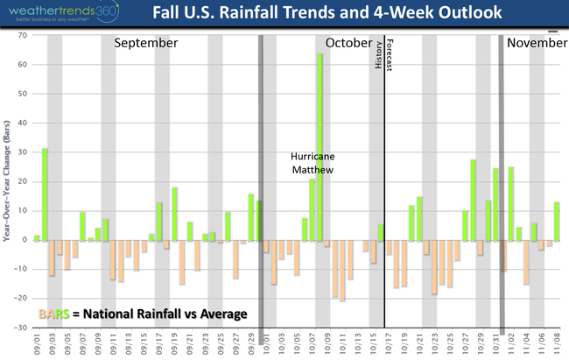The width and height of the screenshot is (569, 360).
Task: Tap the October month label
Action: (x=348, y=43)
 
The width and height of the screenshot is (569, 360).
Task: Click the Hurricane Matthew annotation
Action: (x=313, y=163)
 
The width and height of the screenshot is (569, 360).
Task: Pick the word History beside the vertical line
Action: (x=379, y=55)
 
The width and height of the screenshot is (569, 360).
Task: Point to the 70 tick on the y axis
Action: (x=21, y=35)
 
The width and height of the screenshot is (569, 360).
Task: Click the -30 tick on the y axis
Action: (x=19, y=327)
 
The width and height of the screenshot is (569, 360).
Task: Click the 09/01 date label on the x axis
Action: (x=37, y=342)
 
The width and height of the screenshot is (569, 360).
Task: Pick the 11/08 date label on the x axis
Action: (x=556, y=342)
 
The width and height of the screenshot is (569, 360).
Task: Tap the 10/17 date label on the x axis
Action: (x=388, y=342)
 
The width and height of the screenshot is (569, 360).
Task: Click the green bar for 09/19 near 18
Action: (x=174, y=214)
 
